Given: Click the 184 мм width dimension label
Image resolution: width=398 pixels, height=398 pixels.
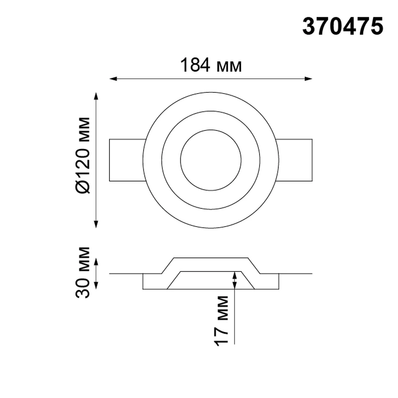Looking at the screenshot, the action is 211,65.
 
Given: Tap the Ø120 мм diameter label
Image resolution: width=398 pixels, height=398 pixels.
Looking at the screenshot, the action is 83,156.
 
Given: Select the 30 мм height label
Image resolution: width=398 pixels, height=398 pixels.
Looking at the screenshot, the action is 83,272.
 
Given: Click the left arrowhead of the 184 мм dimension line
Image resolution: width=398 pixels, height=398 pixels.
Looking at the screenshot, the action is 113,79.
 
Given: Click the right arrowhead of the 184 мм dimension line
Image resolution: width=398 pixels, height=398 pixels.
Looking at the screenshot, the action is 308,79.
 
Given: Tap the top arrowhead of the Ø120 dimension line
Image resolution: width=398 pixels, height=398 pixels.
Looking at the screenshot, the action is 96,97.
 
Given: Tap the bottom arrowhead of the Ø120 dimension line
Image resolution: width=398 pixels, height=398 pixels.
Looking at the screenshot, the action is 96,224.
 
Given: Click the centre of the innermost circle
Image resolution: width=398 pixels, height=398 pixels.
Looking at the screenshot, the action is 211,160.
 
